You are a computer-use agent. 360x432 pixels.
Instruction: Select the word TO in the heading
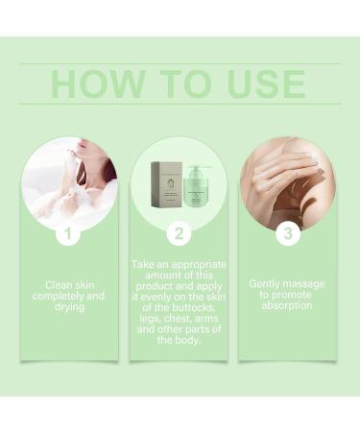point(185,84)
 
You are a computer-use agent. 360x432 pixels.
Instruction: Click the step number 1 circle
point(68,234)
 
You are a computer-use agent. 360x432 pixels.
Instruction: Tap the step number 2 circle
point(179,234)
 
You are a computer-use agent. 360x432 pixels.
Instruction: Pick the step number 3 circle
point(288,234)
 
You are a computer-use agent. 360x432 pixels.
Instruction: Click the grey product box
point(167,184)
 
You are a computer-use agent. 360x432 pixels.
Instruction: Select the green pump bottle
point(199,186)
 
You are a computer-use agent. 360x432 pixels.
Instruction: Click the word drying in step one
point(70,307)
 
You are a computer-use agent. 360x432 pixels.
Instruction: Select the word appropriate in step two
point(199,265)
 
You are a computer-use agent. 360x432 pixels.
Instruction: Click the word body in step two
point(187,341)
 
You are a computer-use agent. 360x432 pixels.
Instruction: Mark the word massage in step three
point(303,284)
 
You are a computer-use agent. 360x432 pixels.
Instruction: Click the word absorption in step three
point(287,306)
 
